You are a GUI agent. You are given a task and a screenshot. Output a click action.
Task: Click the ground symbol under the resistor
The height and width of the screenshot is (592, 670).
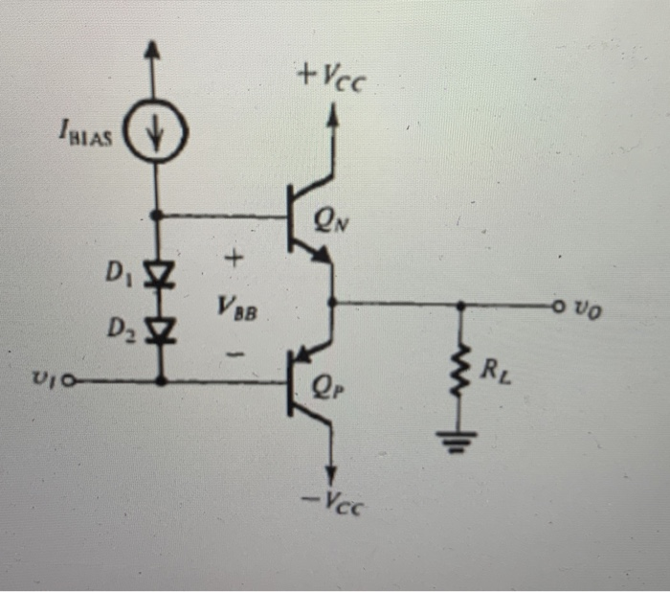click(461, 443)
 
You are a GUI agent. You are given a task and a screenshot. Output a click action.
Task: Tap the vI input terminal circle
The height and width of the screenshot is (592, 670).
click(66, 380)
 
